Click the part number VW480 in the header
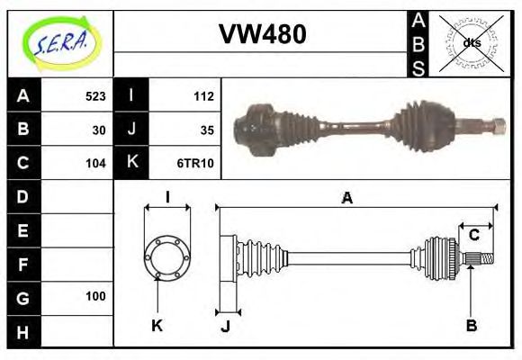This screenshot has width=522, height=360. pyautogui.click(x=262, y=34)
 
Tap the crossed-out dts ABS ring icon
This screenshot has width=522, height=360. pyautogui.click(x=472, y=42)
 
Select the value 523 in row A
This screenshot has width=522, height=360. pyautogui.click(x=95, y=96)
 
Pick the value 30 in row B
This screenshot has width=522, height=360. pyautogui.click(x=99, y=130)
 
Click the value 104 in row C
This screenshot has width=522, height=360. pyautogui.click(x=95, y=163)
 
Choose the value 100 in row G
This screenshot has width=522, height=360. pyautogui.click(x=95, y=296)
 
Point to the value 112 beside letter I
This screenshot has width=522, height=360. pyautogui.click(x=202, y=96)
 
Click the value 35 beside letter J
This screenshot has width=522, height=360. pyautogui.click(x=206, y=130)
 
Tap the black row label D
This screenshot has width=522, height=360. pyautogui.click(x=22, y=196)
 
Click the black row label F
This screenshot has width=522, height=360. pyautogui.click(x=22, y=264)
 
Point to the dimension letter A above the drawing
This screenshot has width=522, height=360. pyautogui.click(x=346, y=198)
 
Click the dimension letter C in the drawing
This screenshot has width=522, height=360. pyautogui.click(x=473, y=236)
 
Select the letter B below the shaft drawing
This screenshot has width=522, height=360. pyautogui.click(x=471, y=325)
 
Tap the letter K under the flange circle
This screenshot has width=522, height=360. pyautogui.click(x=157, y=325)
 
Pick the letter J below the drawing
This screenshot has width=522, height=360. pyautogui.click(x=225, y=326)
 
